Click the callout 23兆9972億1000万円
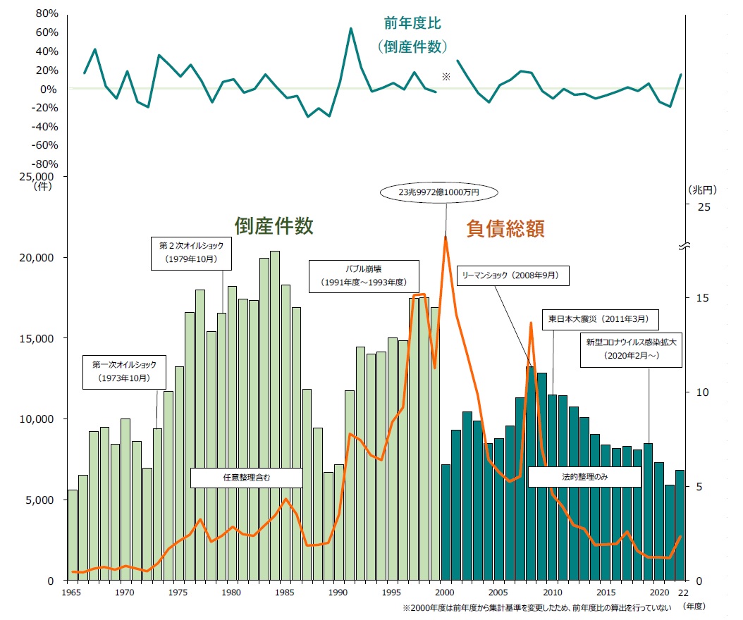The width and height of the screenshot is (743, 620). click(438, 192)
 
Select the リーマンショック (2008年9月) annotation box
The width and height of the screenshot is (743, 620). click(512, 275)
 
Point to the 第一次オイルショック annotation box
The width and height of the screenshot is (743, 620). click(124, 372)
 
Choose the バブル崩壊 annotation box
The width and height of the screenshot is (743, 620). click(364, 275)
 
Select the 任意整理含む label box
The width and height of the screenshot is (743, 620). click(246, 477)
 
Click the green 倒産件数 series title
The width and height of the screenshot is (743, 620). click(274, 225)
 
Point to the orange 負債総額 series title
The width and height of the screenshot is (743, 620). click(505, 228)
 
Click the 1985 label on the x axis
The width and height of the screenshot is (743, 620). click(285, 593)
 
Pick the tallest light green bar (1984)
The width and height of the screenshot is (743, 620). click(275, 416)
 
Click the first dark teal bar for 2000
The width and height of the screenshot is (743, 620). click(446, 521)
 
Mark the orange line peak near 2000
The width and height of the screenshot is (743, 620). click(446, 237)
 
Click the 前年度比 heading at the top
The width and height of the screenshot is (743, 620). click(412, 23)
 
